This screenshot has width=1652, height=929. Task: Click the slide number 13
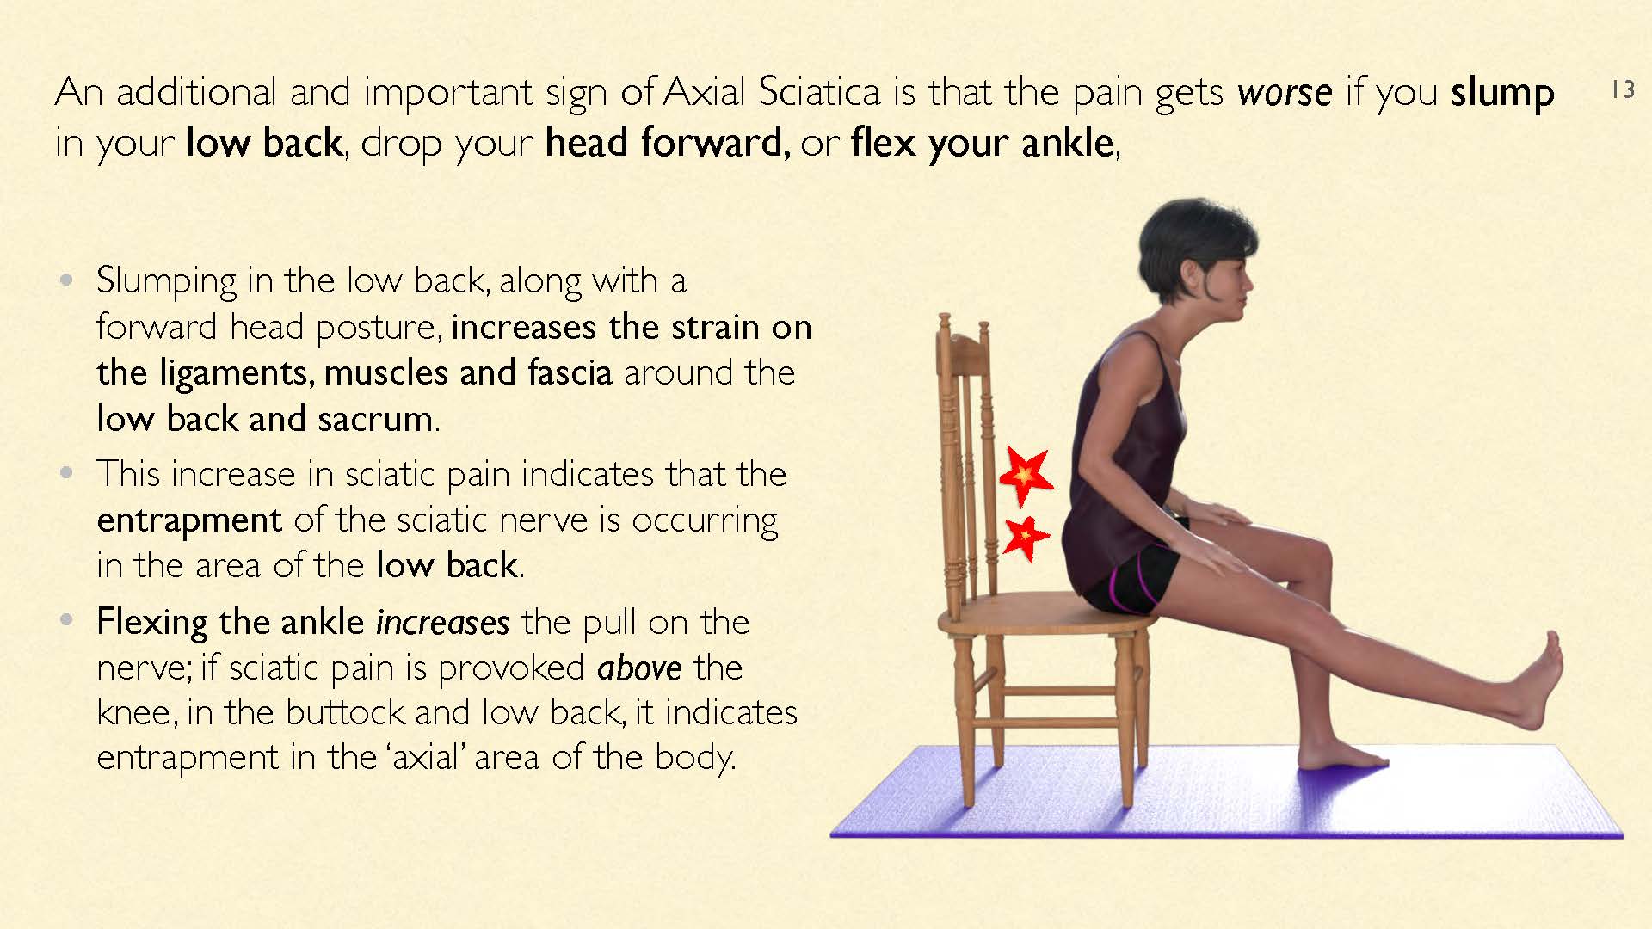[x=1623, y=89]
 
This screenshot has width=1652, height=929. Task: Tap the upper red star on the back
[x=1025, y=475]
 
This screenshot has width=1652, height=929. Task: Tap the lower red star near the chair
[x=1026, y=538]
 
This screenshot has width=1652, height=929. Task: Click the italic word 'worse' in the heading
[x=1285, y=92]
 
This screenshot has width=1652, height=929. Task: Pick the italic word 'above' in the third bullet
[x=639, y=668]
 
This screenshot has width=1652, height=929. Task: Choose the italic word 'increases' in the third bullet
[x=443, y=622]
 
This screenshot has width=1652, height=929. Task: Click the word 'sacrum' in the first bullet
[x=375, y=420]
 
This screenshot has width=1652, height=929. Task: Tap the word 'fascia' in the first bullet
[x=570, y=372]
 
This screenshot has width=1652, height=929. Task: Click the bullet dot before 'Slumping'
[x=67, y=280]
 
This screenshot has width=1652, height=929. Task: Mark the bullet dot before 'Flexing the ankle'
[x=67, y=621]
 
